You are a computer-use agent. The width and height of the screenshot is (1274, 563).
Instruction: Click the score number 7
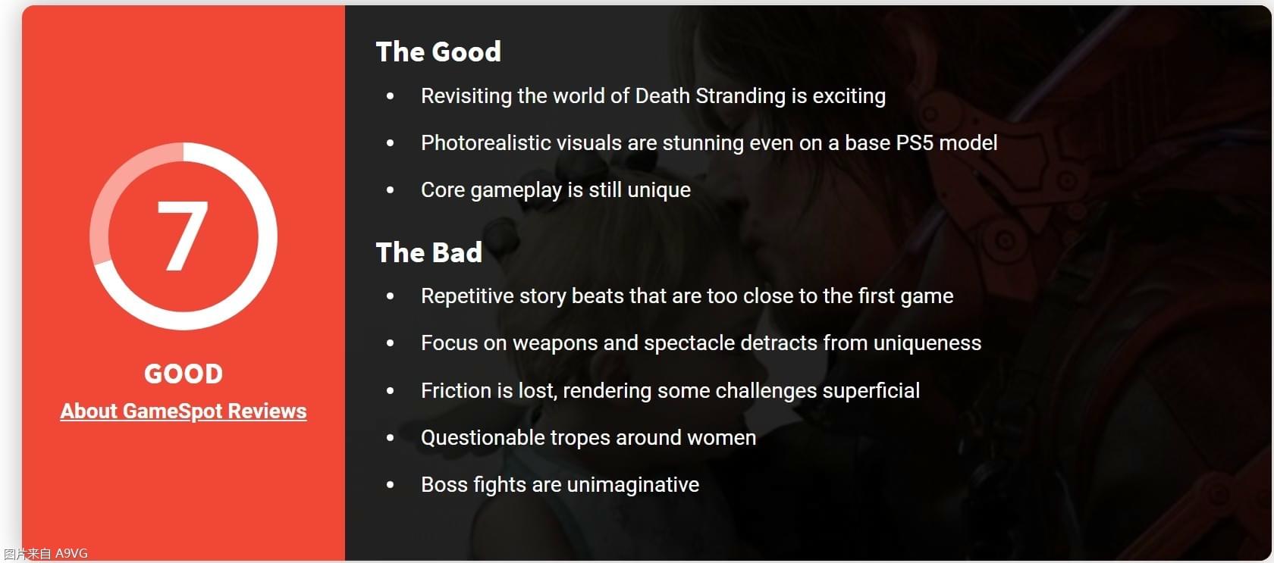(182, 236)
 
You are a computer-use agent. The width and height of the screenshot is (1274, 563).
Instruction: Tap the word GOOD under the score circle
(184, 374)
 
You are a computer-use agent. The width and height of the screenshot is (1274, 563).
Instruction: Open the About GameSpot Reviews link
(184, 411)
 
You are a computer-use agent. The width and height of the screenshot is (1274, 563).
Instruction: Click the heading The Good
(438, 52)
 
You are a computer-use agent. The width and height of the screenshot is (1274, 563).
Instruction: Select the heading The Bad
(429, 253)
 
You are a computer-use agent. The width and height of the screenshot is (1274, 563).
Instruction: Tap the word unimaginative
(633, 485)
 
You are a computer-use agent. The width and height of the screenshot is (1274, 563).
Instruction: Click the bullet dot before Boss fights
(390, 485)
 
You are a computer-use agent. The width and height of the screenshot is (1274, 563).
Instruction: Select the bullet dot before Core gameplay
(390, 189)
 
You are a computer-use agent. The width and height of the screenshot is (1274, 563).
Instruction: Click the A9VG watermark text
(71, 553)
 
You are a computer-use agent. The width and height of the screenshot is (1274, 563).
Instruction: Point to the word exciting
(849, 96)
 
